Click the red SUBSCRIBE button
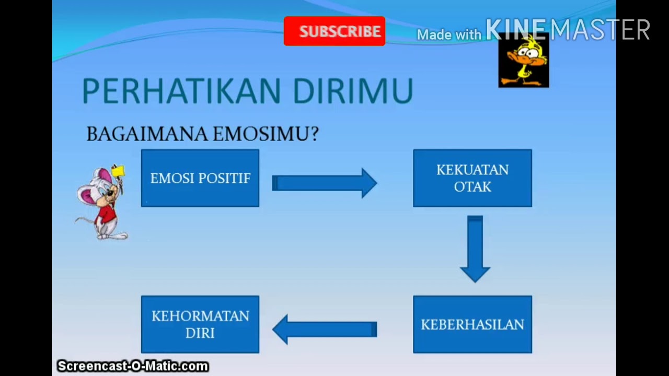tap(334, 31)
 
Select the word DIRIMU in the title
tap(353, 91)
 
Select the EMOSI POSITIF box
tap(200, 178)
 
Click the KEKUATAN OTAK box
tap(472, 178)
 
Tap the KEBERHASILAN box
tap(472, 324)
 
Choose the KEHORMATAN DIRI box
tap(200, 324)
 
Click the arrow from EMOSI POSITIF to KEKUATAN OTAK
tap(324, 183)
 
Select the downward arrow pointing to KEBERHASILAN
tap(475, 249)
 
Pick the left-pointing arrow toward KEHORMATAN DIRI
tap(324, 329)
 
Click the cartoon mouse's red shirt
tap(107, 214)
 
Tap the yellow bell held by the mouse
tap(119, 172)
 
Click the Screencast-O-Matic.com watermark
tap(133, 366)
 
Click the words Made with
tap(448, 35)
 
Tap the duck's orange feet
tap(523, 81)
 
